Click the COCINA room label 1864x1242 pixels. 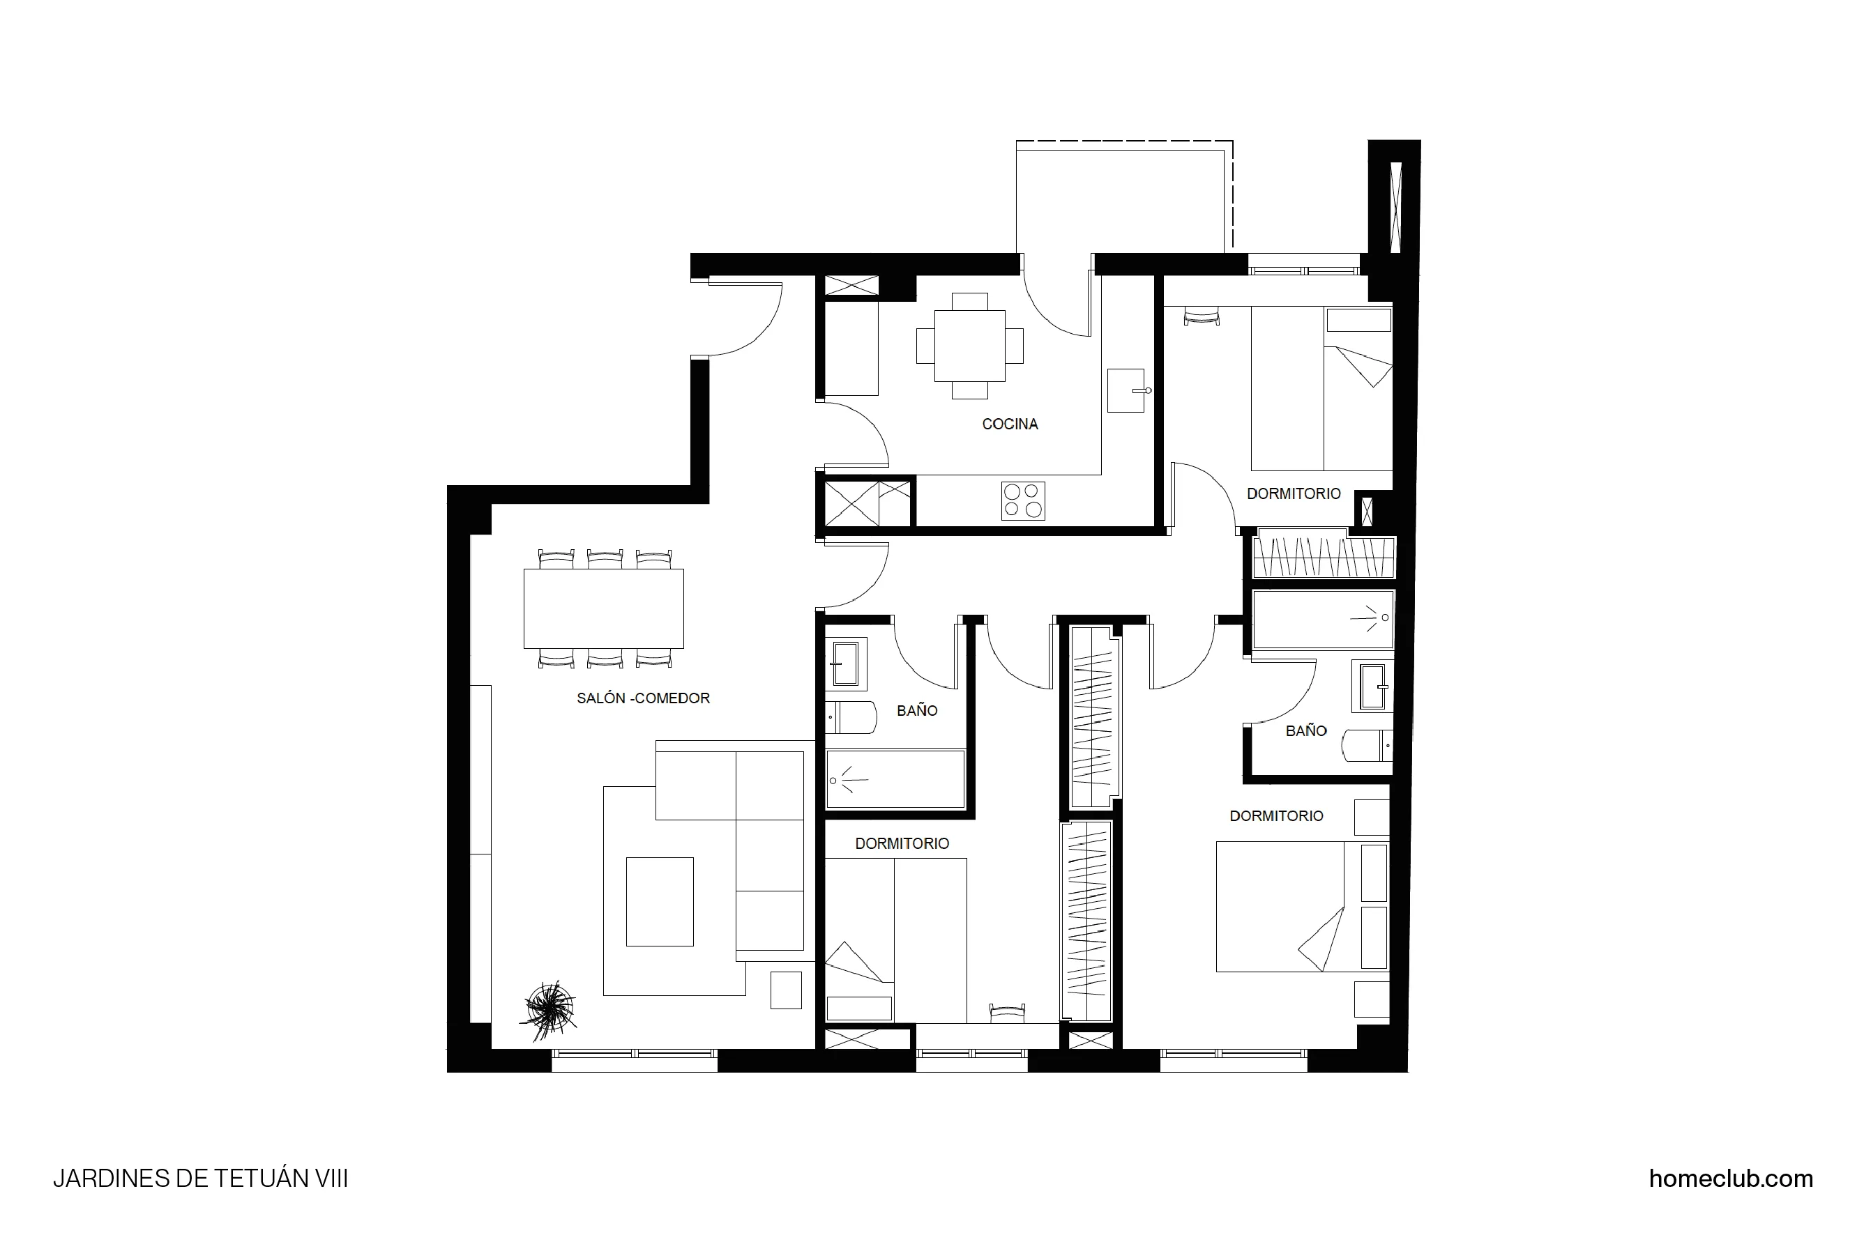(x=1009, y=424)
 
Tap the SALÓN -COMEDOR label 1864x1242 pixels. (x=643, y=698)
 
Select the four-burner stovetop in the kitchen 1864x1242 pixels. (x=1022, y=500)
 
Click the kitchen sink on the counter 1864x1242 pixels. (x=1126, y=390)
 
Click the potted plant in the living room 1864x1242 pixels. (x=550, y=1009)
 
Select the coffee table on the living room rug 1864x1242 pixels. (x=660, y=901)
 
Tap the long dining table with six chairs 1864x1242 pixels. (x=603, y=608)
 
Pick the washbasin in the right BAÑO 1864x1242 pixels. (x=1374, y=686)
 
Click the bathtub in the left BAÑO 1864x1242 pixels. (x=895, y=780)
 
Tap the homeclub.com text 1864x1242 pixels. (x=1730, y=1179)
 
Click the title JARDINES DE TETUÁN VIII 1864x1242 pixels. (x=201, y=1179)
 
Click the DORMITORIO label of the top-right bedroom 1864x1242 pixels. (x=1294, y=494)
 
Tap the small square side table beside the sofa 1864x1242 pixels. (x=785, y=990)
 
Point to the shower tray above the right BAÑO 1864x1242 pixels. (x=1322, y=620)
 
